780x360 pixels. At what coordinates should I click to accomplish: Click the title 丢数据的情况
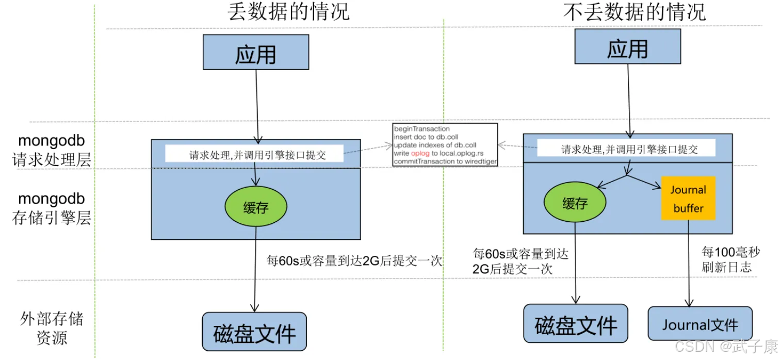pyautogui.click(x=289, y=12)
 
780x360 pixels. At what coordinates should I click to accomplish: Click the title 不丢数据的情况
pyautogui.click(x=634, y=12)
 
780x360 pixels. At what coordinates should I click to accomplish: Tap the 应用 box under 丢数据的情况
pyautogui.click(x=256, y=53)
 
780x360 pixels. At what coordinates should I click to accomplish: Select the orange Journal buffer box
pyautogui.click(x=688, y=199)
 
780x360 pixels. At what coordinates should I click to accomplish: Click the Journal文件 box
pyautogui.click(x=700, y=324)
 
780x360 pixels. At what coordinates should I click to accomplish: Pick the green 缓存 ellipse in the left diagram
pyautogui.click(x=256, y=207)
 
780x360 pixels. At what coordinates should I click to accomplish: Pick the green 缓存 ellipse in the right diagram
pyautogui.click(x=575, y=204)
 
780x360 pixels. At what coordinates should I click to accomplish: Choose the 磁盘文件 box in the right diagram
pyautogui.click(x=576, y=324)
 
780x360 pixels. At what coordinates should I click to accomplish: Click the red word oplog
pyautogui.click(x=420, y=153)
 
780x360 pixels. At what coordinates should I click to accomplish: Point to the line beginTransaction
pyautogui.click(x=421, y=128)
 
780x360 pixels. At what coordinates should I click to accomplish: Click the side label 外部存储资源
pyautogui.click(x=52, y=328)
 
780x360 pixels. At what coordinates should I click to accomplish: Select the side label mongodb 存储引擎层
pyautogui.click(x=52, y=208)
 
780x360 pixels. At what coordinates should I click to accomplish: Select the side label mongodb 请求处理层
pyautogui.click(x=52, y=150)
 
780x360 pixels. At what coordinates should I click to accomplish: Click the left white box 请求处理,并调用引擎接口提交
pyautogui.click(x=254, y=154)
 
